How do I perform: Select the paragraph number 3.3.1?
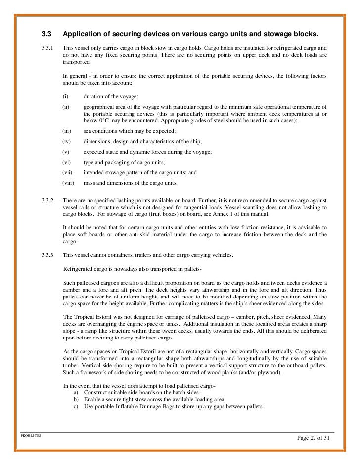[x=48, y=48]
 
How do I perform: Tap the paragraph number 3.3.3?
[x=48, y=255]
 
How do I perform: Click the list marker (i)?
[x=66, y=97]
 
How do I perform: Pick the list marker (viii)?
[x=69, y=183]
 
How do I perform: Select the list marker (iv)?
[x=67, y=142]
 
